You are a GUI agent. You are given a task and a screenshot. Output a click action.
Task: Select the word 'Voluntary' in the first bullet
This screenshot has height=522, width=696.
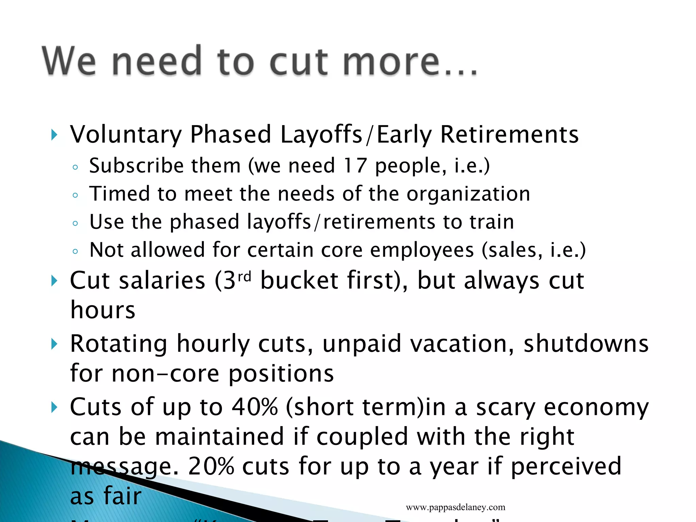tap(126, 135)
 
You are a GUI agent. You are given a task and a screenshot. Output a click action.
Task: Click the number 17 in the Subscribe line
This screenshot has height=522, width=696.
tap(354, 166)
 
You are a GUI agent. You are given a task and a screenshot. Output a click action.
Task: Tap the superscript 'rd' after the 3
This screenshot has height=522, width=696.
tap(244, 277)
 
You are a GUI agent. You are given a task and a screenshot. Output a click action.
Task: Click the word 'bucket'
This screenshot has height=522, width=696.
tap(299, 281)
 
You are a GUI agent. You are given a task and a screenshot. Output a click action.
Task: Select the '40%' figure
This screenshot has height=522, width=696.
tap(255, 407)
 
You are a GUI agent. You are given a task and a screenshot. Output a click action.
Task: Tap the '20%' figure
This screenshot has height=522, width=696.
tap(211, 466)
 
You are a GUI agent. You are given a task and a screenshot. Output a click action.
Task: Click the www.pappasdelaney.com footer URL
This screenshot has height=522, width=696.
tap(455, 507)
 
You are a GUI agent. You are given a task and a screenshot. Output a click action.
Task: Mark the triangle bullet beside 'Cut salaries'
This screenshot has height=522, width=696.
tap(54, 281)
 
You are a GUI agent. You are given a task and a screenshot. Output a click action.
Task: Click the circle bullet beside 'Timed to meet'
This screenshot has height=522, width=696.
tap(75, 195)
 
